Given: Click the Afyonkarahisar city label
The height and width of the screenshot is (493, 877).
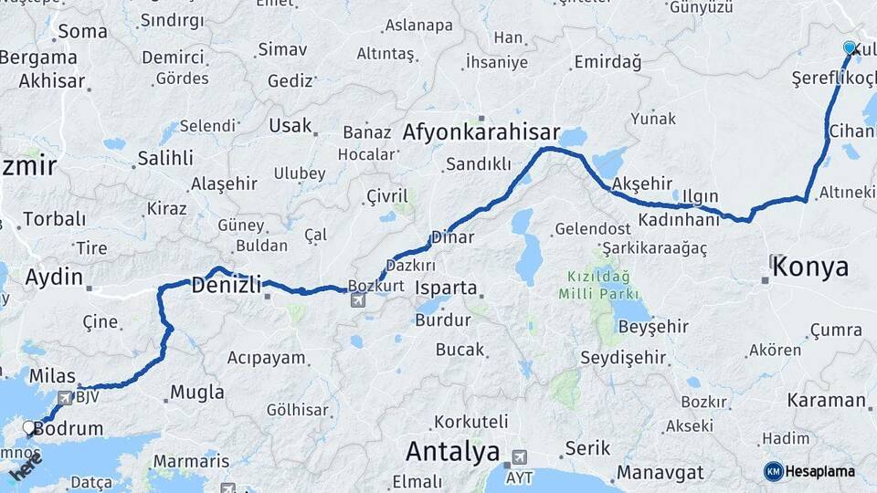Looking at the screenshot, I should tap(481, 131).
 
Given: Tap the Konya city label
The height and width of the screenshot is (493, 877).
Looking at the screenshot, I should tap(810, 267).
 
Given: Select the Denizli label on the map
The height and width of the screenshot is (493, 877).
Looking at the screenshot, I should tap(227, 285).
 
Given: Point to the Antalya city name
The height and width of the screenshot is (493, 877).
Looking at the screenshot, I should tap(452, 451).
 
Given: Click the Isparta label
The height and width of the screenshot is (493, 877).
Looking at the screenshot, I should tap(446, 288).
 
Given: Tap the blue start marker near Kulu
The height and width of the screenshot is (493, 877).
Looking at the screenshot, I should tap(850, 47).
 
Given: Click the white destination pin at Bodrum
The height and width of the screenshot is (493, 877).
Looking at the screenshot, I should tap(30, 426).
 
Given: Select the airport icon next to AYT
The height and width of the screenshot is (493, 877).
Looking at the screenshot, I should tap(520, 456).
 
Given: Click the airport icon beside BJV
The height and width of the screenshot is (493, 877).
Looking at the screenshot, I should tap(65, 397).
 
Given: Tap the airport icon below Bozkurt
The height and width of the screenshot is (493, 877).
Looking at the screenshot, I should tap(356, 300).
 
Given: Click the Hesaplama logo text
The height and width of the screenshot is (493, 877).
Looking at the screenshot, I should tap(820, 472).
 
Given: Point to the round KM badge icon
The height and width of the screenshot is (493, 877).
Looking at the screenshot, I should tap(774, 471).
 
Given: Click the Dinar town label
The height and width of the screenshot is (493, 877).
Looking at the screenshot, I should tap(453, 237).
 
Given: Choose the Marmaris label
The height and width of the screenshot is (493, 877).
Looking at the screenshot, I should tap(191, 461).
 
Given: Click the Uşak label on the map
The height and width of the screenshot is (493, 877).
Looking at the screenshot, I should tap(291, 126).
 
